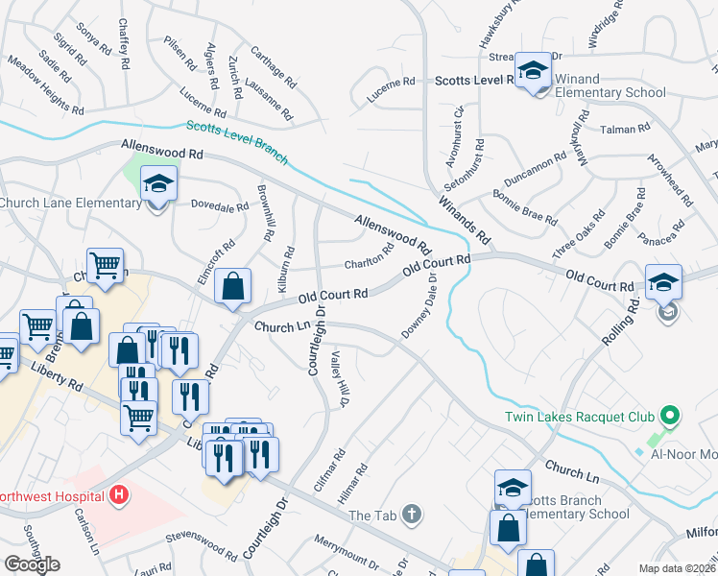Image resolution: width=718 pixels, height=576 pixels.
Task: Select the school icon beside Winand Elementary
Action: [x=533, y=72]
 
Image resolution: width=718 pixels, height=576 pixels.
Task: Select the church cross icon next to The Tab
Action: [x=412, y=515]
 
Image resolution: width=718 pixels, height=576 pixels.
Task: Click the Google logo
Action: [x=32, y=564]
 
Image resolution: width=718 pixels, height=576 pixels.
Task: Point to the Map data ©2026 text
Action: [x=678, y=568]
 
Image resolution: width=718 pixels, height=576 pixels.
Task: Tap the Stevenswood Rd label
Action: [x=201, y=543]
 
